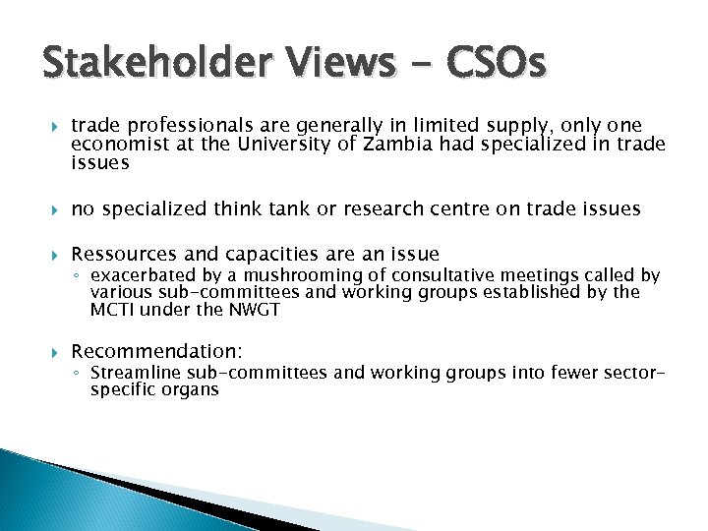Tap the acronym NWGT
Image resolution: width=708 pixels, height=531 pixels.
click(256, 310)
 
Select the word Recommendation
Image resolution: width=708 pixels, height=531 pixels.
click(156, 351)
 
